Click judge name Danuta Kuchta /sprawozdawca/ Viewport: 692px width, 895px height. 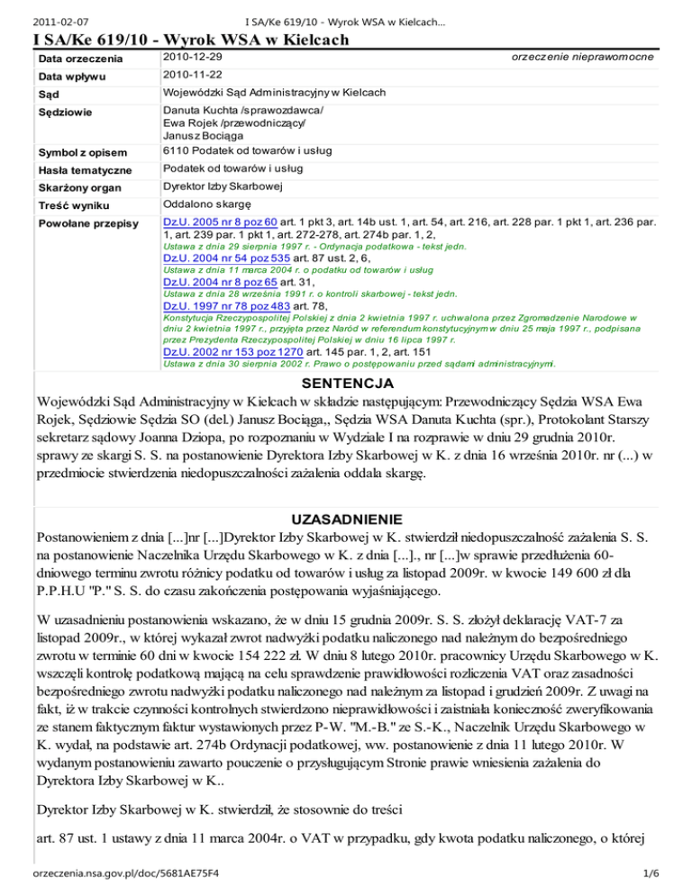tap(242, 109)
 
